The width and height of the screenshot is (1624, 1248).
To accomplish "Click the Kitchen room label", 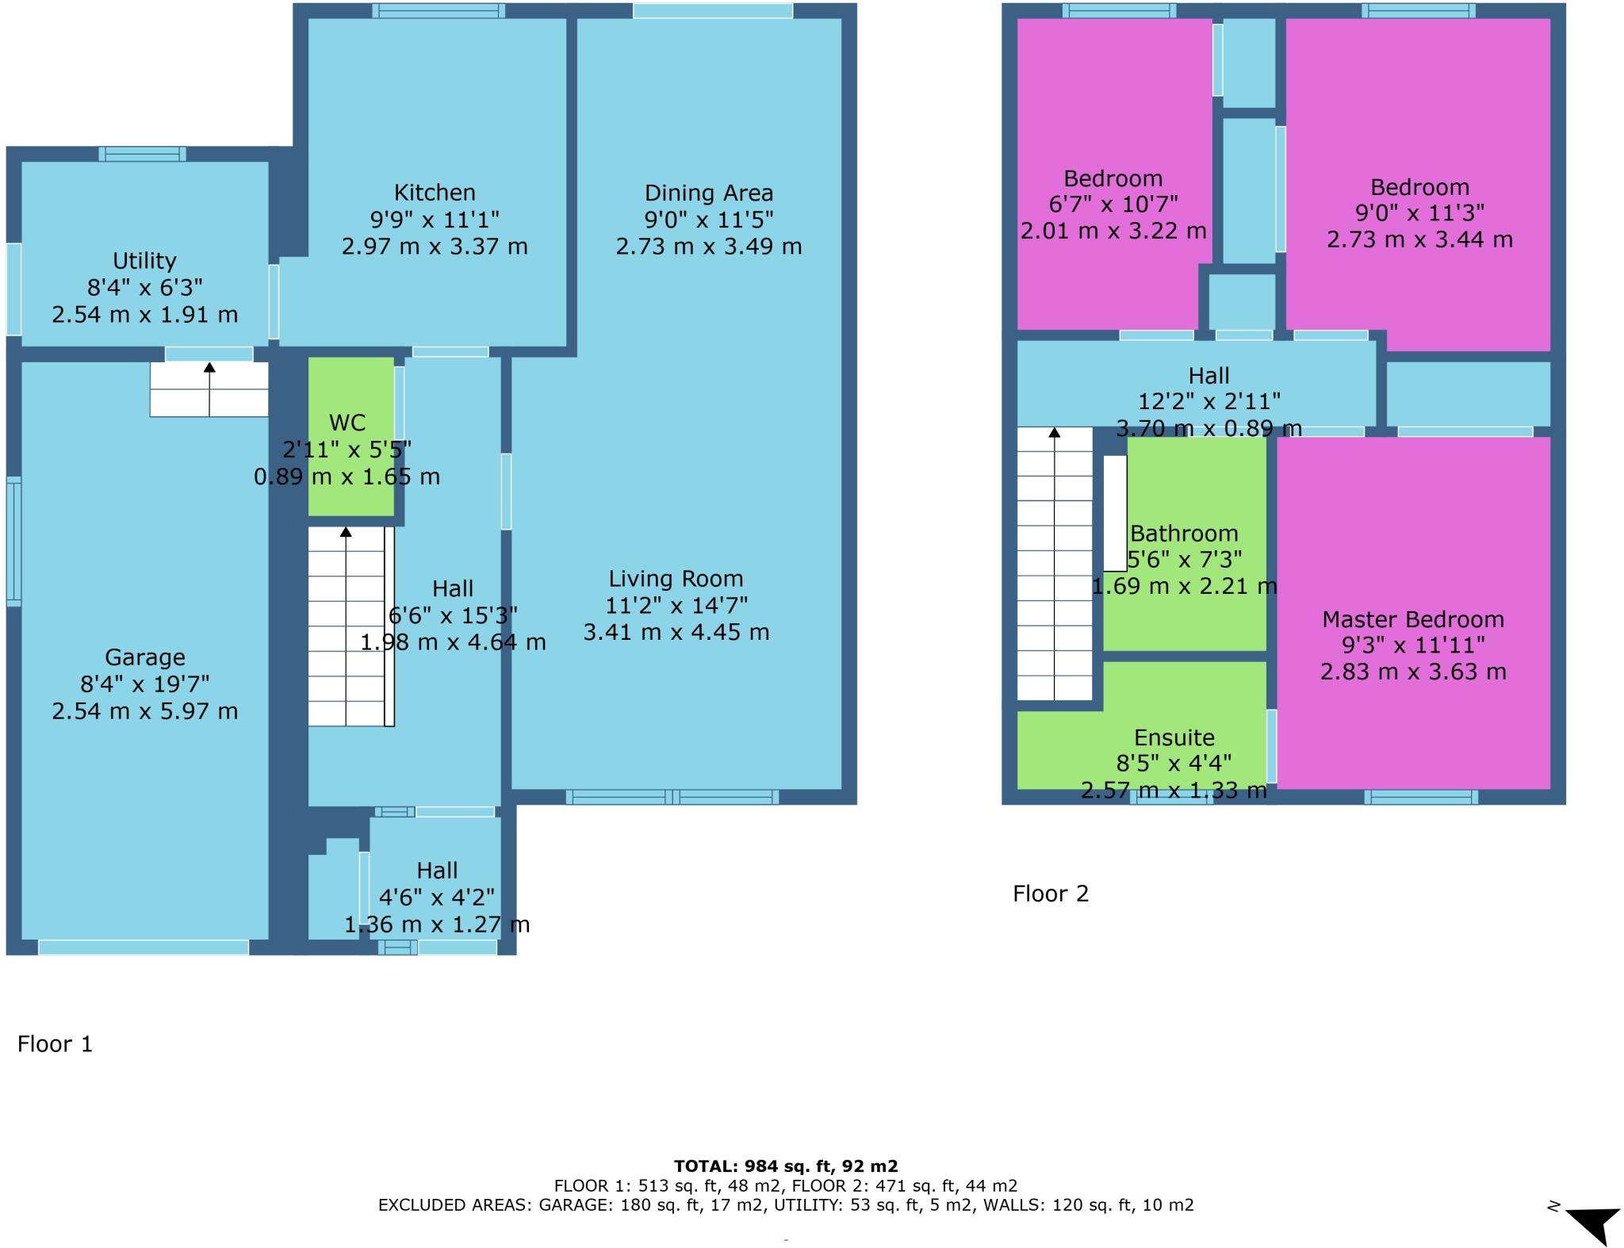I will click(x=435, y=193).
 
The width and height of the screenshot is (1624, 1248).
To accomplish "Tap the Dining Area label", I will click(x=708, y=193).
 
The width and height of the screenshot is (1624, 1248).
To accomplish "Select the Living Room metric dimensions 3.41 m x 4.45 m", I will click(x=676, y=632).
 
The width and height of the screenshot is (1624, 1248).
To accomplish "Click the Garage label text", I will click(x=145, y=657).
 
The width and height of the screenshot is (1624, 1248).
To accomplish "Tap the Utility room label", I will click(x=144, y=261).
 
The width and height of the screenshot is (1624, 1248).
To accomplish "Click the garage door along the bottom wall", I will click(x=144, y=947).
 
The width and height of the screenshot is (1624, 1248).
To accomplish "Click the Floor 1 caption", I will click(x=56, y=1044).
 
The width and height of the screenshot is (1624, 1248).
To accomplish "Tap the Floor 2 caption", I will click(x=1051, y=894).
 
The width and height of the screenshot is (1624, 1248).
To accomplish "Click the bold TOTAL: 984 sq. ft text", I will click(x=786, y=1166).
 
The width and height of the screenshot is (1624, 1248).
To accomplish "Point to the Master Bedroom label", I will click(x=1413, y=619).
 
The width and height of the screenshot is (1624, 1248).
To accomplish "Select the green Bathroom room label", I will click(x=1184, y=534).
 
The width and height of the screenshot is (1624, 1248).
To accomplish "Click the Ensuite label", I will click(x=1174, y=738).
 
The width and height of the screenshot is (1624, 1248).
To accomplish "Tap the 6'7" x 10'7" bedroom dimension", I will click(x=1113, y=205).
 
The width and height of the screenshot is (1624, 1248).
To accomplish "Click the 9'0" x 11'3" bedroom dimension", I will click(x=1419, y=213).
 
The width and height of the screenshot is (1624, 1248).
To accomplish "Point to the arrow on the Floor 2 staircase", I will click(x=1054, y=433).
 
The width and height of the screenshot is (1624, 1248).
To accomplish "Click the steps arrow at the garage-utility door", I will click(x=209, y=368).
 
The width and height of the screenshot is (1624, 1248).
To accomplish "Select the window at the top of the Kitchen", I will click(x=438, y=10).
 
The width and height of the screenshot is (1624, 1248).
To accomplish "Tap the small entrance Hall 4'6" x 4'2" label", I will click(x=437, y=871).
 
